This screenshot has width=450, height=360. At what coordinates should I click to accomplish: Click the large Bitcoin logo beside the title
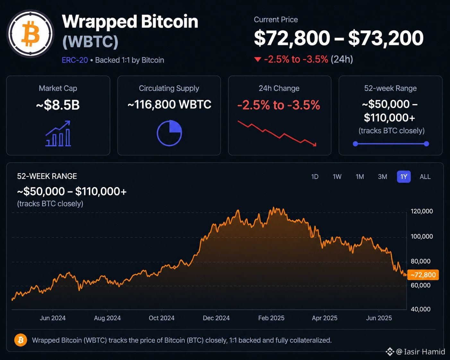tap(30, 33)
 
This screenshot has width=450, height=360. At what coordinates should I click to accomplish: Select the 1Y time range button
tap(403, 177)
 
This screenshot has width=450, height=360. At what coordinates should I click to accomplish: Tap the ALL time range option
tap(425, 177)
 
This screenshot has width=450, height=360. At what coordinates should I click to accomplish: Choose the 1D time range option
tap(315, 177)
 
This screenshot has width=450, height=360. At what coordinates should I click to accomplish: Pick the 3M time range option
tap(383, 177)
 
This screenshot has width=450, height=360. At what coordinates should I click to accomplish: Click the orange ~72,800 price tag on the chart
tap(423, 275)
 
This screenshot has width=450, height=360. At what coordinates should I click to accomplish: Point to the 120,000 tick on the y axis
tap(422, 211)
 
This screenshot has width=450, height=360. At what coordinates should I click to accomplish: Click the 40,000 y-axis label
tap(420, 309)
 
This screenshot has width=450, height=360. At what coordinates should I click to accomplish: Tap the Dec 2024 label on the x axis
tap(216, 318)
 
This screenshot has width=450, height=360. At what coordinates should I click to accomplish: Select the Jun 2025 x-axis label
tap(379, 318)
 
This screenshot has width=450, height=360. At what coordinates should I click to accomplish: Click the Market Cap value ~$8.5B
tap(58, 105)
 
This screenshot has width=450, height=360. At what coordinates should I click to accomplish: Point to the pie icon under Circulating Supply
tap(169, 133)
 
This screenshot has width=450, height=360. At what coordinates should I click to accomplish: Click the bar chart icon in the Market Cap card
tap(58, 133)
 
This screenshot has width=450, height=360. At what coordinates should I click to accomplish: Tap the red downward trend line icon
tap(277, 133)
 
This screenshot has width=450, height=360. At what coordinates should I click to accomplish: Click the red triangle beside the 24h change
tap(258, 59)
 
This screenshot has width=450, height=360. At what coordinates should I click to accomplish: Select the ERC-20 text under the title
tap(75, 60)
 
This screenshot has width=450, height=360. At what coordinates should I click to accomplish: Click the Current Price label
tap(276, 20)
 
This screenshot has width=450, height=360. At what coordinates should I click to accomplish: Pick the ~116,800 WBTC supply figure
tap(169, 104)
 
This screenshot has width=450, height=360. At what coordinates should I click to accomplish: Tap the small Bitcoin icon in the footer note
tap(21, 340)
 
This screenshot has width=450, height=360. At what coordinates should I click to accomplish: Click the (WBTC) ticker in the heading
tap(90, 41)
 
